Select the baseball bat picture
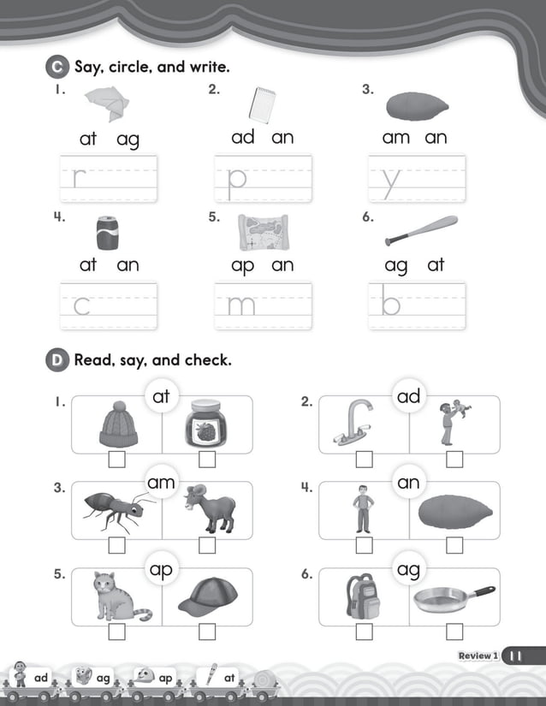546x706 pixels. (x=421, y=230)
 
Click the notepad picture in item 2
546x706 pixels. (x=262, y=104)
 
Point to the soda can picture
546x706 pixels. (x=108, y=233)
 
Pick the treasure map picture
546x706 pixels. (x=263, y=232)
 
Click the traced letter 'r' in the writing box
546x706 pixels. (x=80, y=178)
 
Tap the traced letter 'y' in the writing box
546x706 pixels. (x=391, y=180)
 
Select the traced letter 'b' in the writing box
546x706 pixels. (x=390, y=304)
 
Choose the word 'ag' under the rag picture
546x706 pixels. (x=128, y=139)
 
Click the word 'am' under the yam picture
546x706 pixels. (x=396, y=137)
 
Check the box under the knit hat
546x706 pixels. (x=117, y=460)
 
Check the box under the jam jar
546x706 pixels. (x=207, y=460)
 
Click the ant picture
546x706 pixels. (x=115, y=511)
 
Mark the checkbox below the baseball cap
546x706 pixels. (x=207, y=632)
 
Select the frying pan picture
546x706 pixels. (x=454, y=598)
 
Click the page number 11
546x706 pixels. (x=517, y=656)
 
